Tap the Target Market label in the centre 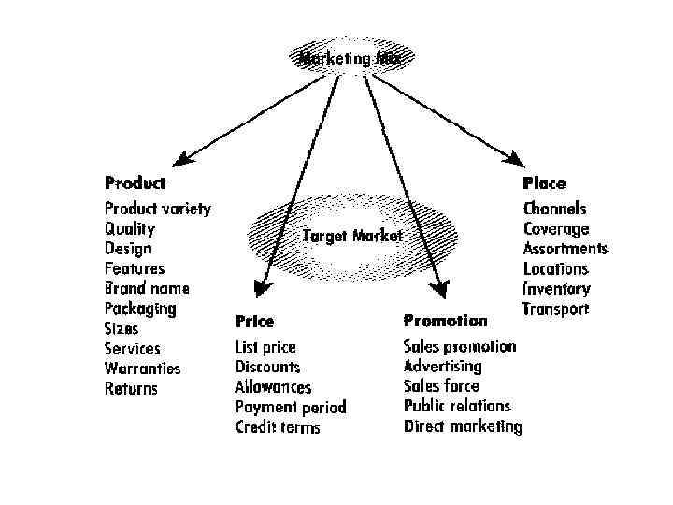352,236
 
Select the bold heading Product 135,183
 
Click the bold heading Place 544,183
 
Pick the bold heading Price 254,321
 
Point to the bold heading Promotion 445,321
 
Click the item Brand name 147,288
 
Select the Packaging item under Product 140,309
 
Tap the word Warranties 143,368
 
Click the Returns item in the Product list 131,388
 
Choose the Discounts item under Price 267,367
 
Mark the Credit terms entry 278,427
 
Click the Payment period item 291,407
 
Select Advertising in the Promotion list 443,367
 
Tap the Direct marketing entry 463,426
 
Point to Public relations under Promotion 457,406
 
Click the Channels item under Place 555,209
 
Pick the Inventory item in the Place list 557,289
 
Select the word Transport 555,310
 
